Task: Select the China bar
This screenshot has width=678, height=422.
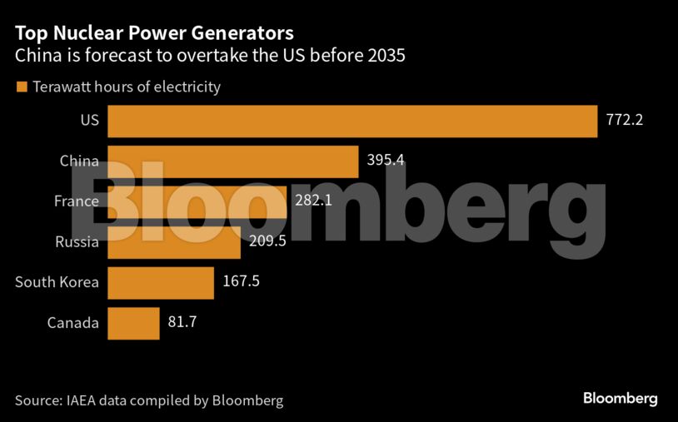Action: [233, 161]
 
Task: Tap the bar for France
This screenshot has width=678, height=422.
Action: [197, 201]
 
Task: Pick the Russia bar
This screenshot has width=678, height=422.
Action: [174, 242]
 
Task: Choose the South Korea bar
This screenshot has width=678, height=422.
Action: [161, 282]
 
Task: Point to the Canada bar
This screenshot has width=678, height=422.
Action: [133, 323]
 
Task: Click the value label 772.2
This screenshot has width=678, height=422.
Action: [625, 120]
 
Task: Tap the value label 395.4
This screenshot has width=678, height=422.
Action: [386, 160]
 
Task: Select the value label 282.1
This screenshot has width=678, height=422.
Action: [314, 201]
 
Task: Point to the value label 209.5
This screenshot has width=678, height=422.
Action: [268, 241]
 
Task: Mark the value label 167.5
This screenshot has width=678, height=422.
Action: [242, 281]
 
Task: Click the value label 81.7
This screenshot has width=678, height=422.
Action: [182, 322]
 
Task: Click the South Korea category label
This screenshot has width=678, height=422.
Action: [57, 282]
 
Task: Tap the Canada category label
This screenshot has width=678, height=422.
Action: [73, 323]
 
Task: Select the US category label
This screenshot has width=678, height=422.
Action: [89, 121]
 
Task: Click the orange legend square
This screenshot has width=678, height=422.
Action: [21, 87]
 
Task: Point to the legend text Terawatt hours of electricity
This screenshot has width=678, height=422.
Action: [127, 87]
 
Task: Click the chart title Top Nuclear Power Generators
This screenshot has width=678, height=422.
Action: [154, 33]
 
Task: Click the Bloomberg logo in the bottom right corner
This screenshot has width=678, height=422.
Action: [620, 399]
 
